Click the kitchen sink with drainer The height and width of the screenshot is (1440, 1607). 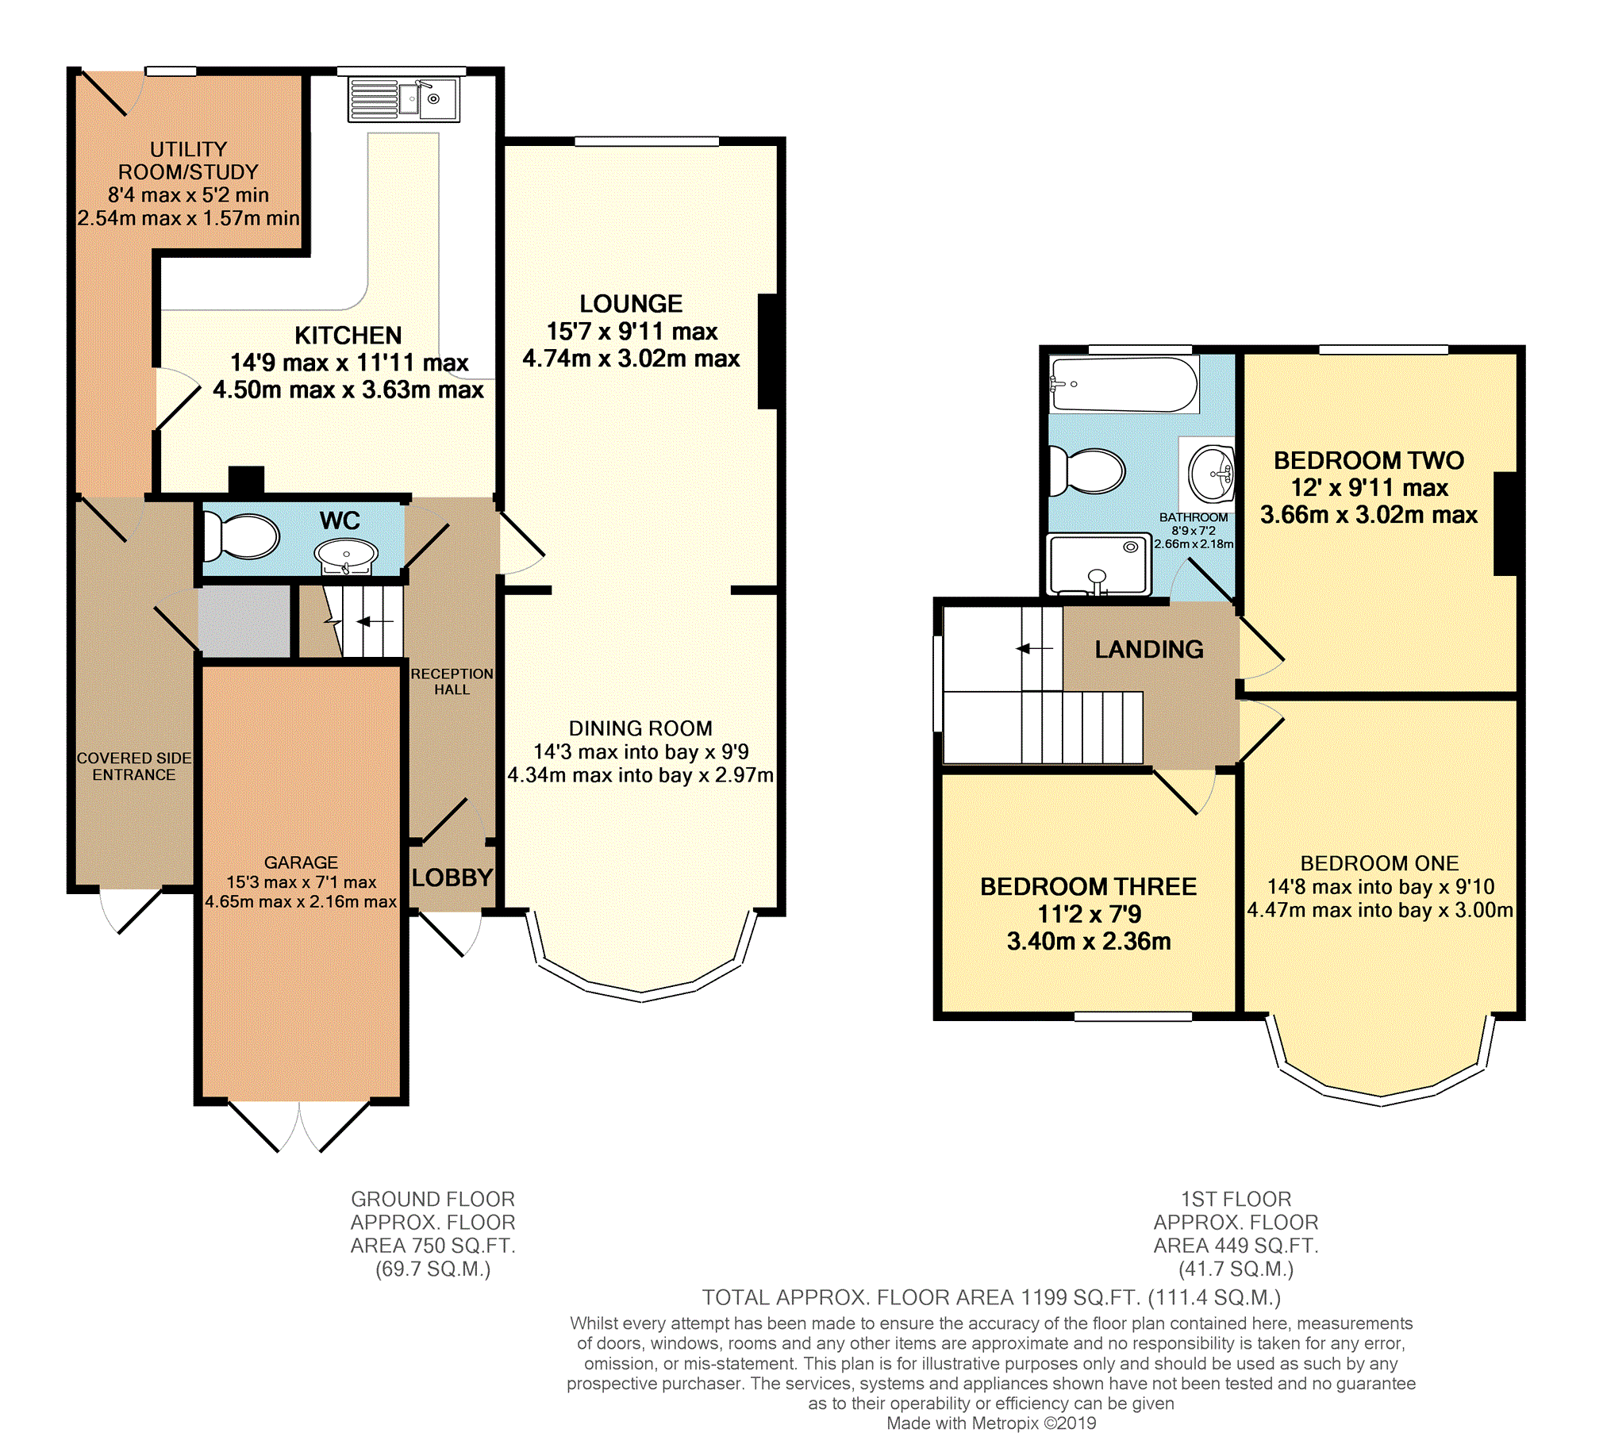pos(404,99)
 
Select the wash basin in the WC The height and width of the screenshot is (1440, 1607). pos(346,553)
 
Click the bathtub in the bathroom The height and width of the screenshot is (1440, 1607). pos(1124,384)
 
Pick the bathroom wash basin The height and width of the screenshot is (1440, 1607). pos(1211,473)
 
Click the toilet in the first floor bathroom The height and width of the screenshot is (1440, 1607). pos(1086,470)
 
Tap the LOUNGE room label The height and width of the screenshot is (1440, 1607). pos(631,304)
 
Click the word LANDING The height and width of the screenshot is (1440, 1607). pos(1148,650)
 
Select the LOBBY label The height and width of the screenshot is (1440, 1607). pos(452,877)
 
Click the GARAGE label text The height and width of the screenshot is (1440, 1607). pos(301,862)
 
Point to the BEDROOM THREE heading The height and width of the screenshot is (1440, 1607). pos(1088,887)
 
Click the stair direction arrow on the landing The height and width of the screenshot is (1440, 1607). pos(1034,649)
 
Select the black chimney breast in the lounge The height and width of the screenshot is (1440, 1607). pos(767,351)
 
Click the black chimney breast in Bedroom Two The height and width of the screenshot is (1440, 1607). pos(1505,524)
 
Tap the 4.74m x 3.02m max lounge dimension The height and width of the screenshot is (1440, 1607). pos(631,359)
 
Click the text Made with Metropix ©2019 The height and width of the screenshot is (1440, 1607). pos(991,1423)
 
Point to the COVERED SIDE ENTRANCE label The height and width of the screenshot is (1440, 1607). pos(134,766)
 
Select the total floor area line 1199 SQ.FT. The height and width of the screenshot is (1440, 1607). pos(991,1298)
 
